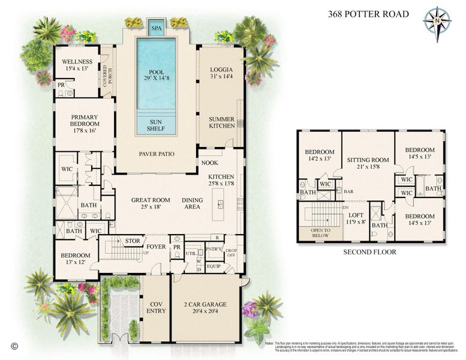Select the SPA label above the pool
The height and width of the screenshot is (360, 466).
click(156, 28)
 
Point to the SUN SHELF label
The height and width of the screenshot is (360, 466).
click(156, 125)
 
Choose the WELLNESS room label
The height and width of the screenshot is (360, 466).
click(77, 65)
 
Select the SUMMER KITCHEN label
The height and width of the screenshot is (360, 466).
click(221, 123)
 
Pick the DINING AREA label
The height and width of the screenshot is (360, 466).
click(192, 204)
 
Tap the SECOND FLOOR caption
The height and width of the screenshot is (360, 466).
click(369, 252)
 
